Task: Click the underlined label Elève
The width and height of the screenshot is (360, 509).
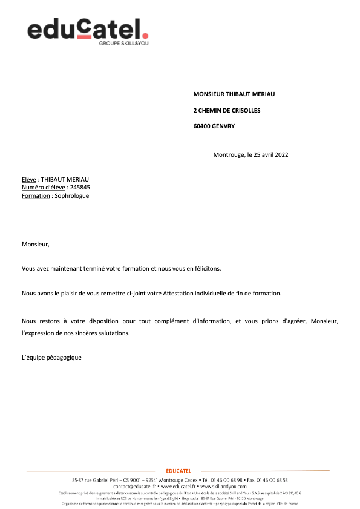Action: [29, 179]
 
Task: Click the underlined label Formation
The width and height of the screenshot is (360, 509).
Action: [36, 196]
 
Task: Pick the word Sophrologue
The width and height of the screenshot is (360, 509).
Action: [71, 196]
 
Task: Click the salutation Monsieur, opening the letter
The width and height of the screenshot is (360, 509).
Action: [35, 245]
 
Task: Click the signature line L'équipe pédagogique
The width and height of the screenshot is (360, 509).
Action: [51, 357]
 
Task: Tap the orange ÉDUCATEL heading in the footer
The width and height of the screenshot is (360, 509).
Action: [178, 471]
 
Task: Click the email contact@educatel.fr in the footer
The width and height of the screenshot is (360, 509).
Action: [135, 486]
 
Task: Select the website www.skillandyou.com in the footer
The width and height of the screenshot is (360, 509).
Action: [223, 486]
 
